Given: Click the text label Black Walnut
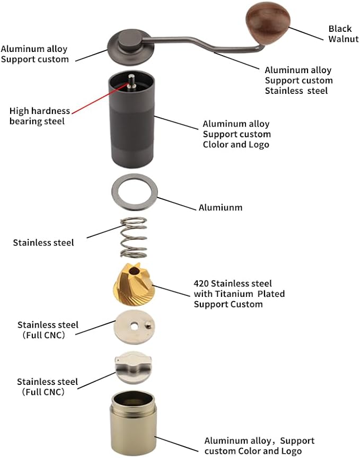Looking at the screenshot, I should (x=340, y=34).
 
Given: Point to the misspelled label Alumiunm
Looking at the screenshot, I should (x=221, y=207).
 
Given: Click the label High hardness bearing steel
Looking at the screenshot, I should (x=40, y=116).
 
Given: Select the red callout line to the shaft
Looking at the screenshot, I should (x=101, y=97).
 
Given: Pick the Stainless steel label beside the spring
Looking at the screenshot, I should (x=43, y=243).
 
